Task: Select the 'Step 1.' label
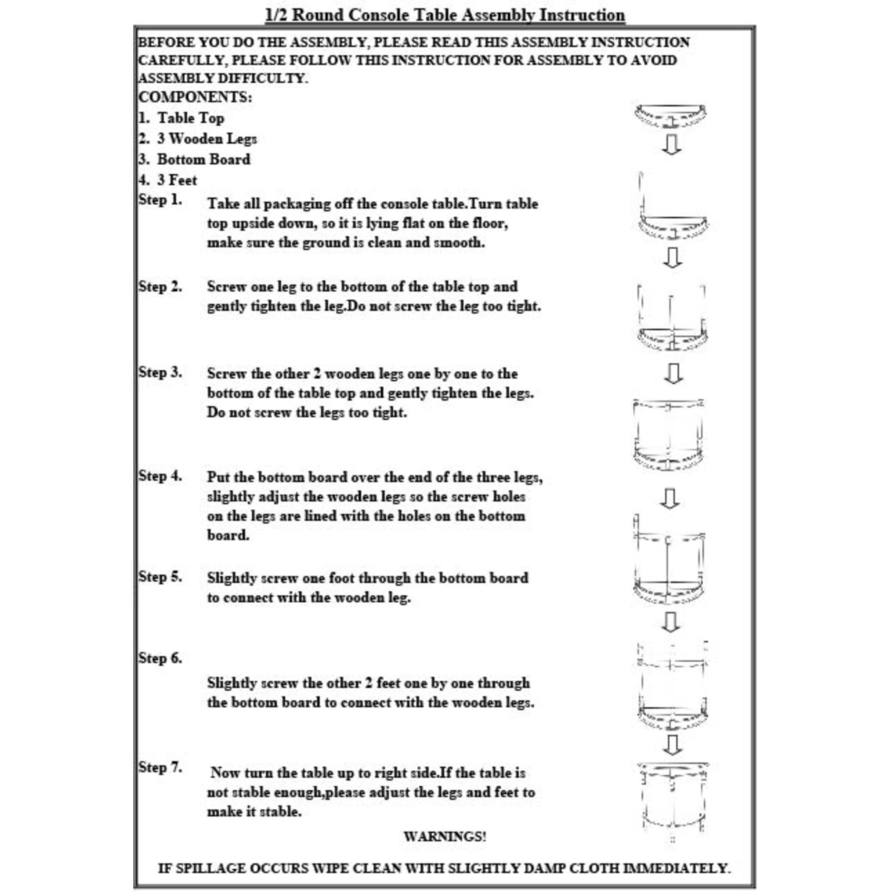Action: [160, 200]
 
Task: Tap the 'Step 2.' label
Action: [160, 286]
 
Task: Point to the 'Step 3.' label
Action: [160, 372]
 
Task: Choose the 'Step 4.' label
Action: [160, 475]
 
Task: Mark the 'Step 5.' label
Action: [160, 576]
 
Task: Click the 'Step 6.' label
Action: [160, 658]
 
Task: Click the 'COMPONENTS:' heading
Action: [195, 97]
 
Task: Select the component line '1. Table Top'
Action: [182, 118]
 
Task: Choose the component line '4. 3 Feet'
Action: [168, 180]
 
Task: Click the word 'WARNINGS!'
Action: [445, 836]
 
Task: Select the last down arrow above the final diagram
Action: [672, 745]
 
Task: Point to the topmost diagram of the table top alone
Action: [670, 116]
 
